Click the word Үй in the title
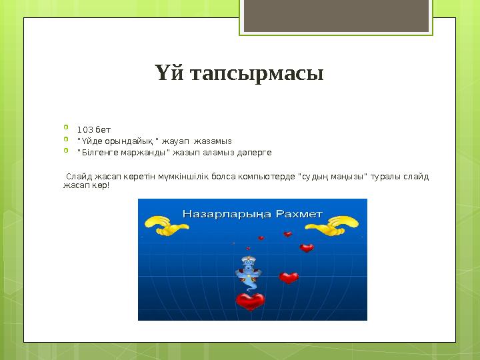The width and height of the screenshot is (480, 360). pyautogui.click(x=167, y=72)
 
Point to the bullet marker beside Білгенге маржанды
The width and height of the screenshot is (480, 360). pyautogui.click(x=67, y=151)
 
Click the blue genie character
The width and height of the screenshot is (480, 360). pyautogui.click(x=246, y=272)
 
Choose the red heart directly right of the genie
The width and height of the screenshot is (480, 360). pyautogui.click(x=289, y=277)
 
